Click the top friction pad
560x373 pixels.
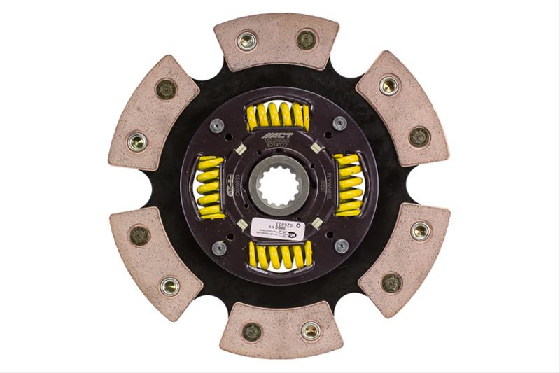[276, 41]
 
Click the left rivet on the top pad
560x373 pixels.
[246, 41]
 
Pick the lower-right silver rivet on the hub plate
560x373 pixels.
[341, 246]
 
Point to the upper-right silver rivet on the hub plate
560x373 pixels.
[339, 123]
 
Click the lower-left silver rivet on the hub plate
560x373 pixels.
[219, 247]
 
